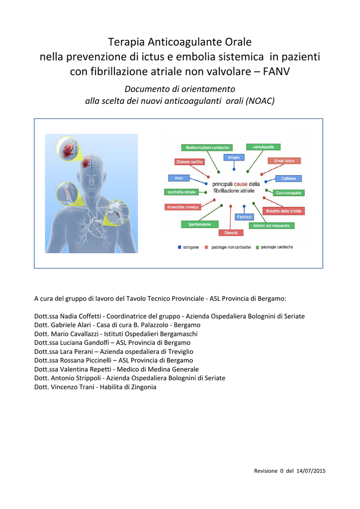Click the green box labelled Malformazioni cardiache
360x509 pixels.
point(207,148)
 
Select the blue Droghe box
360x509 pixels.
point(234,158)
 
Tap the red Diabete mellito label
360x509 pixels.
point(189,162)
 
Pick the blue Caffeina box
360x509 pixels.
point(288,178)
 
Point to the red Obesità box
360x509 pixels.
point(231,233)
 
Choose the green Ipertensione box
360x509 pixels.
point(199,224)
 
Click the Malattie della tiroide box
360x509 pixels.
point(284,211)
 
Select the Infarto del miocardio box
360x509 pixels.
point(271,226)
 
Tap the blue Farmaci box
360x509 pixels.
point(245,217)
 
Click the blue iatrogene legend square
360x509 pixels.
point(180,248)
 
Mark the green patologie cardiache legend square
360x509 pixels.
point(258,248)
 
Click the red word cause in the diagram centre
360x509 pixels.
point(241,184)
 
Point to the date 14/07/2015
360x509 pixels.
point(311,471)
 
